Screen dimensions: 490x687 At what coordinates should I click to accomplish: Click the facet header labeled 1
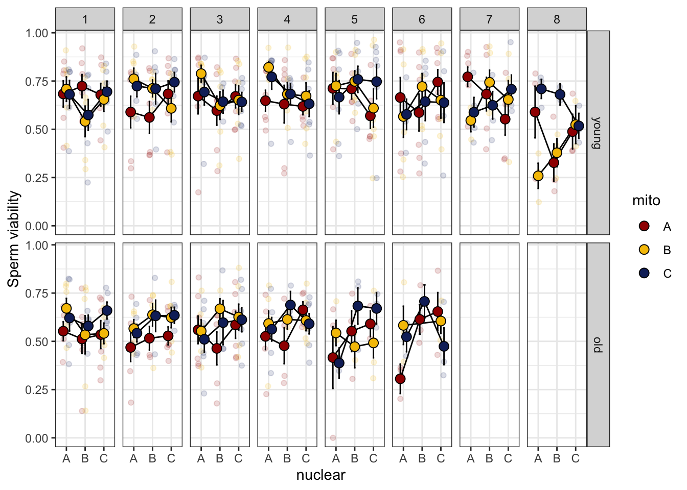click(x=85, y=19)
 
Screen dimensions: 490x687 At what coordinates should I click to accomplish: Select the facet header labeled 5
click(x=354, y=19)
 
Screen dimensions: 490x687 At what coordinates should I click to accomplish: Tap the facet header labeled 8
click(x=557, y=19)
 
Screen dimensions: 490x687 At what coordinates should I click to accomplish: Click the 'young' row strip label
click(x=598, y=132)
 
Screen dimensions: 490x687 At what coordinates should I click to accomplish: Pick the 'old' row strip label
click(x=598, y=345)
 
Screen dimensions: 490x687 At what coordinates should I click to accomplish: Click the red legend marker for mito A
click(x=645, y=226)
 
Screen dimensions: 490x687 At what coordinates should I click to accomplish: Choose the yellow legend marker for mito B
click(x=645, y=250)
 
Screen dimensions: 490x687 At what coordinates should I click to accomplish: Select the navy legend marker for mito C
click(x=645, y=273)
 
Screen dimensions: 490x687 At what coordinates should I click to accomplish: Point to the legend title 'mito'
click(x=646, y=201)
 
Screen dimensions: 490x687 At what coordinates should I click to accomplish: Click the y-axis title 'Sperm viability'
click(x=14, y=239)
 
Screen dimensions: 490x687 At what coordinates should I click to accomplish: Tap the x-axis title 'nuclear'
click(x=320, y=475)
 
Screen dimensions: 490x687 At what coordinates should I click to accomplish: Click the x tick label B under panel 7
click(x=489, y=458)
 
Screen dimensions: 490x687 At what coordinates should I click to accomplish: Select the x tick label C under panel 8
click(x=576, y=458)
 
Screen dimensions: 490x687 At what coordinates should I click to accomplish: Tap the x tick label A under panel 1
click(x=66, y=458)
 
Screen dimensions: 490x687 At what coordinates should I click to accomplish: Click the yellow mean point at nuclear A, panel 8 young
click(x=538, y=176)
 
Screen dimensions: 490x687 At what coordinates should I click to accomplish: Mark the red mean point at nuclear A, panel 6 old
click(x=400, y=379)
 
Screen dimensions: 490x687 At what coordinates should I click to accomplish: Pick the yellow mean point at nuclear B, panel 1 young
click(x=85, y=121)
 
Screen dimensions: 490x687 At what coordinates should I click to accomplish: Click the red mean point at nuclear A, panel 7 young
click(x=467, y=77)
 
